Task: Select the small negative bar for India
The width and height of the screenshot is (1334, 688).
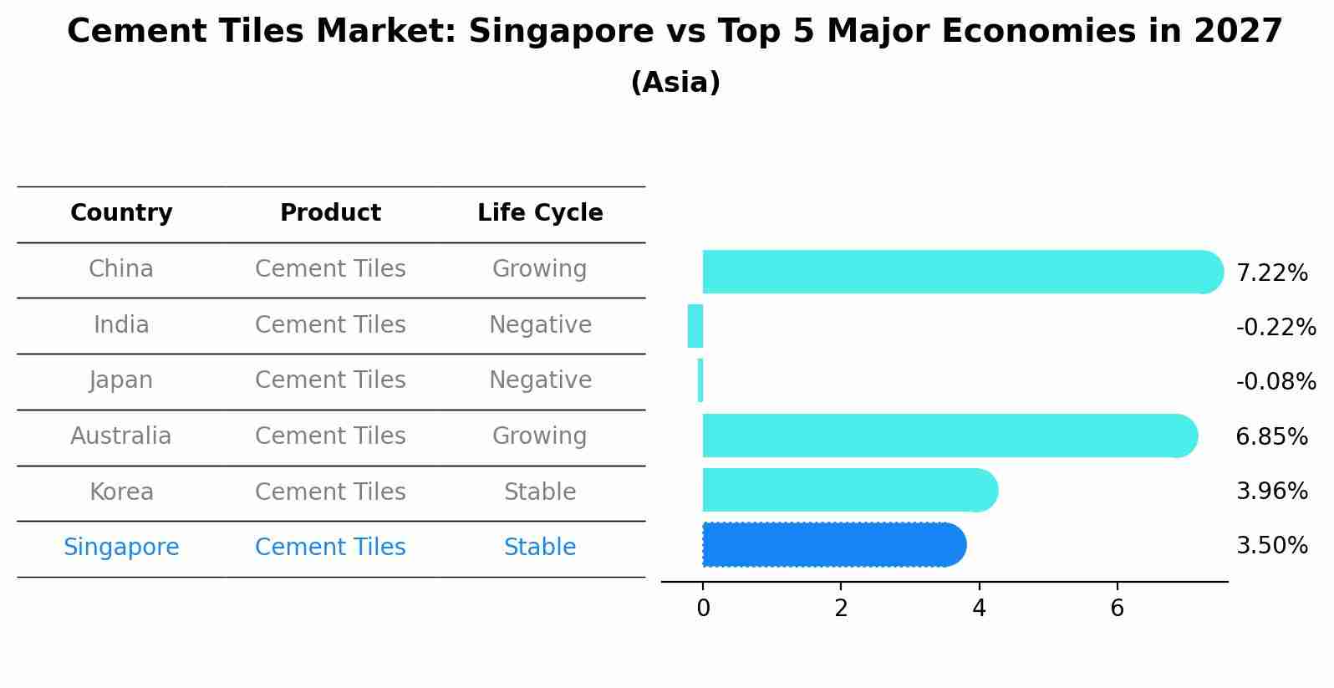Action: point(695,326)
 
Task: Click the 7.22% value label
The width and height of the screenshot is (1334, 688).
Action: point(1271,273)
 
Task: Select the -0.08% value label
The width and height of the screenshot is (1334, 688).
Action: point(1275,382)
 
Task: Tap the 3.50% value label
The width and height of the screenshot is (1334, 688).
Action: point(1271,546)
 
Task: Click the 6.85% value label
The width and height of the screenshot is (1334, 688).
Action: point(1271,436)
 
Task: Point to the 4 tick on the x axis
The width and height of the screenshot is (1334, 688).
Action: point(979,609)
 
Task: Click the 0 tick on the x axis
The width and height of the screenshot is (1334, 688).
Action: point(703,609)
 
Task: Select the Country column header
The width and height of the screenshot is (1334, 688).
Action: point(121,213)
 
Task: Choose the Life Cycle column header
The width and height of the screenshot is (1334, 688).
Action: point(540,213)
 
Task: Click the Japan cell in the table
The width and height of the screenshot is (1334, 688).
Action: point(121,380)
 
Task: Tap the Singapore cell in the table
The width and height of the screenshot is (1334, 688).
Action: point(121,548)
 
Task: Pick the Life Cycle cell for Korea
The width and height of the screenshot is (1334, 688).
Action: point(540,492)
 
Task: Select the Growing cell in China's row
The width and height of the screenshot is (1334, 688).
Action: point(540,269)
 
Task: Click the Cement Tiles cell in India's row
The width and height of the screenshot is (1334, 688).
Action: point(330,325)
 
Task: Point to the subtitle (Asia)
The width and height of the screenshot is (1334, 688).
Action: point(675,83)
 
